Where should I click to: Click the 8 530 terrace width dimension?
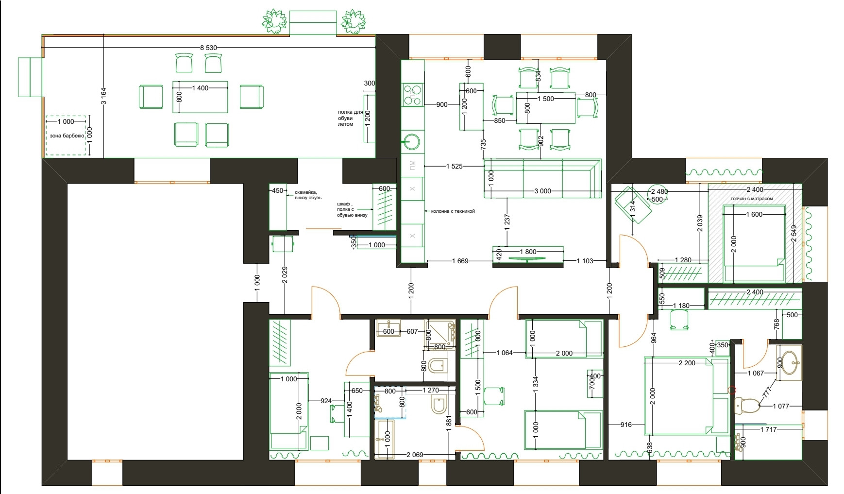coord(209,48)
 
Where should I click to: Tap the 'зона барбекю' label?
coord(64,136)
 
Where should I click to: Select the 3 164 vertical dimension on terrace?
coord(103,96)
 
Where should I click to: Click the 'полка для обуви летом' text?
coord(350,118)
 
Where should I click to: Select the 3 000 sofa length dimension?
coord(542,191)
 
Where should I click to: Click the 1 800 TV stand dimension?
coord(528,252)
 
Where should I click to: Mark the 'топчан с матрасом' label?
coord(752,199)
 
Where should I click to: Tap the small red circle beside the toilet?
coord(732,390)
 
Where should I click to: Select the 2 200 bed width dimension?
coord(687,363)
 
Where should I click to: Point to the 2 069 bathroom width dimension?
coord(415,455)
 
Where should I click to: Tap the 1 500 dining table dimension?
coord(545,99)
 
